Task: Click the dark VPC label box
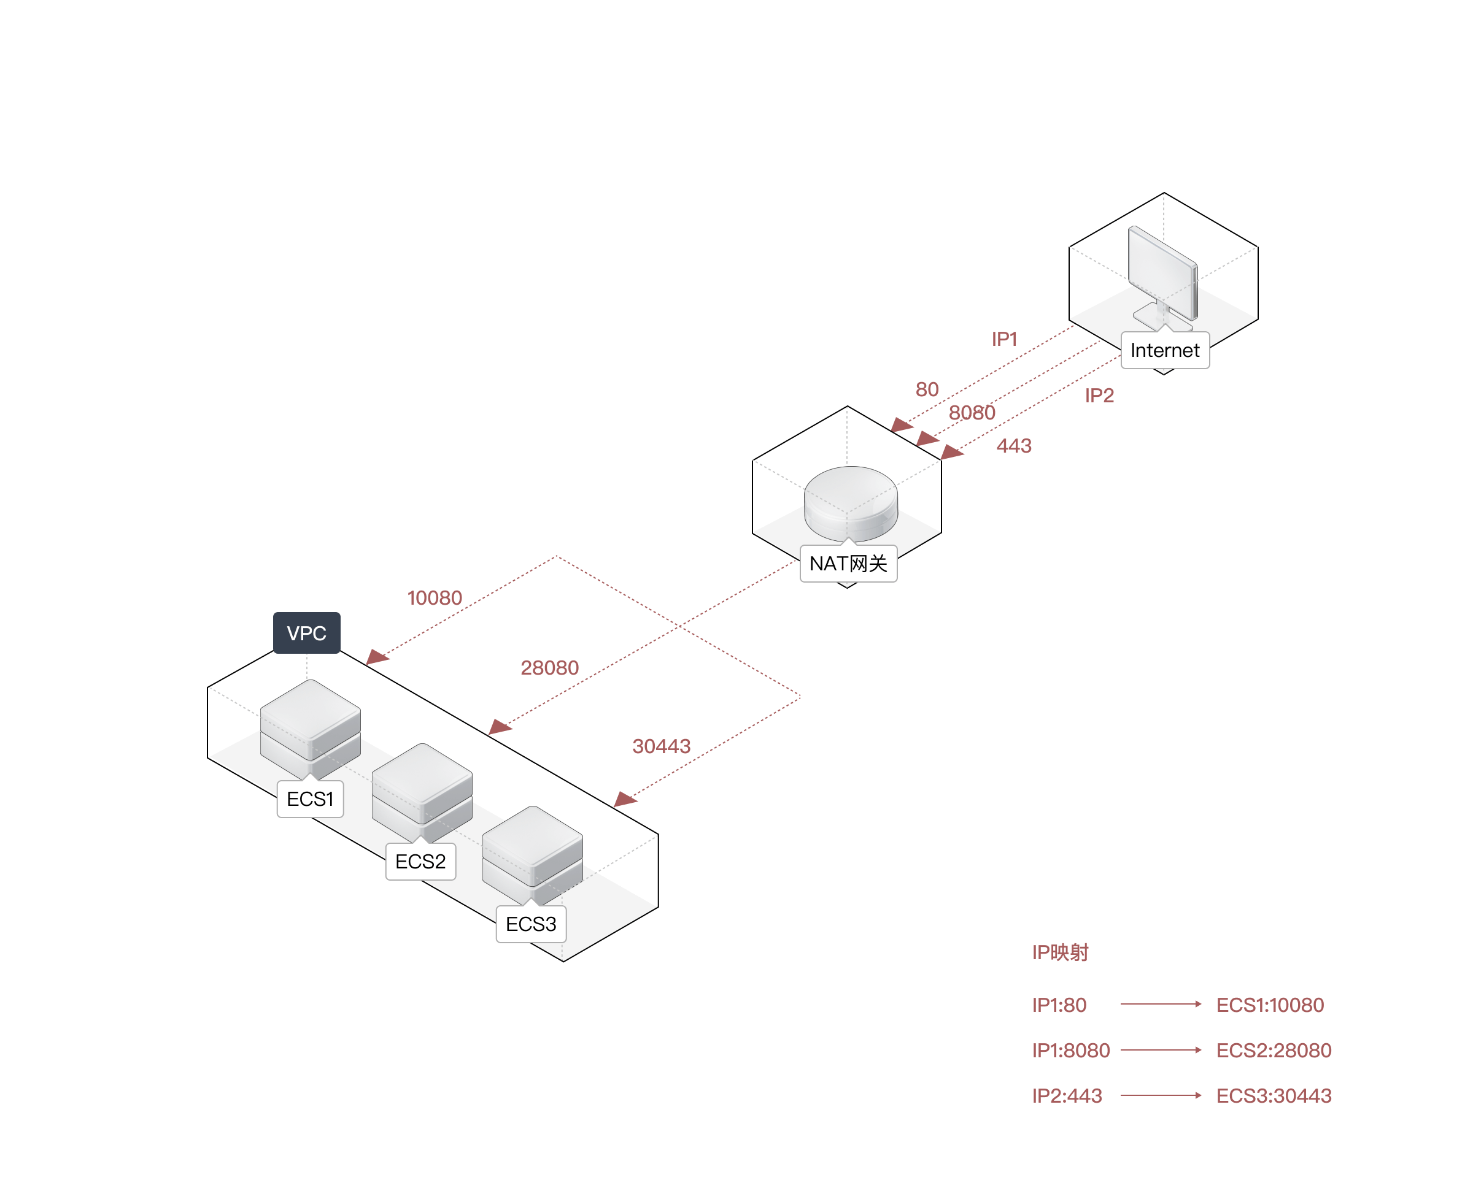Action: click(306, 632)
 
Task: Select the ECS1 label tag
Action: click(309, 798)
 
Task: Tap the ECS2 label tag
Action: click(420, 861)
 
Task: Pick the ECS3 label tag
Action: click(530, 924)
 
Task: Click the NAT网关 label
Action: click(848, 563)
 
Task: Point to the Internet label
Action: click(1164, 350)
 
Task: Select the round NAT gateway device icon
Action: click(851, 503)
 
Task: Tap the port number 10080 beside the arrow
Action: click(435, 597)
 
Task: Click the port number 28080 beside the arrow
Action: click(549, 667)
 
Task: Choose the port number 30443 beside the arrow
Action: click(661, 746)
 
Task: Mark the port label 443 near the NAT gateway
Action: click(1014, 446)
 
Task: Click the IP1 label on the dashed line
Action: click(1003, 339)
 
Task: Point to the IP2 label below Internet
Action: click(1099, 395)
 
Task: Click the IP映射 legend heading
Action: click(1060, 952)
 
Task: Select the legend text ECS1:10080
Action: click(1270, 1005)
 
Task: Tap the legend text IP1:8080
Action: click(1071, 1051)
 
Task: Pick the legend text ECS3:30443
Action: click(1274, 1096)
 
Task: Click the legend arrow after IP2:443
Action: click(1161, 1096)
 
